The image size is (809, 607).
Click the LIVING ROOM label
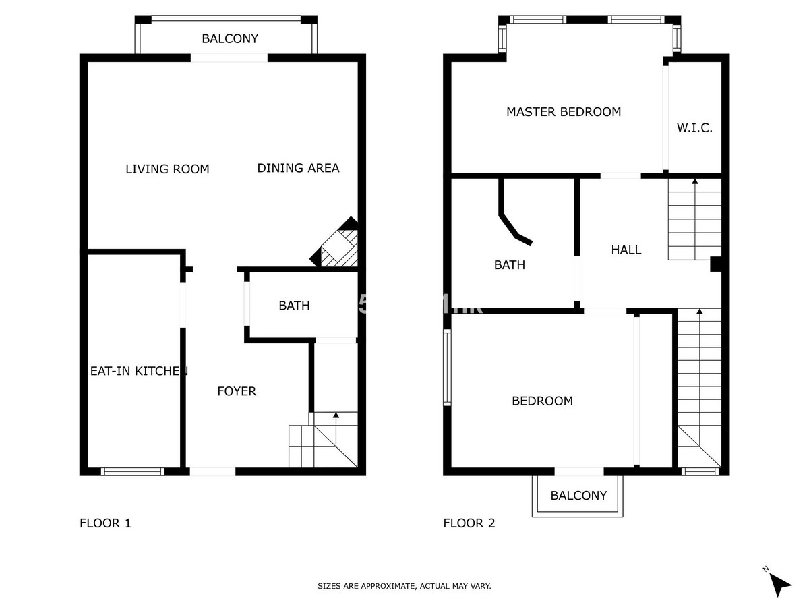pos(167,169)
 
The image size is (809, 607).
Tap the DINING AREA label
pos(298,168)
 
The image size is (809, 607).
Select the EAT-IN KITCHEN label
pos(138,371)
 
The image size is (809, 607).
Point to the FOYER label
pos(237,391)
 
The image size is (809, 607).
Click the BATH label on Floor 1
pos(295,306)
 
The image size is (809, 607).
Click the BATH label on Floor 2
pos(510,265)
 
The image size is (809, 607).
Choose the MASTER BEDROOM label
pos(564,112)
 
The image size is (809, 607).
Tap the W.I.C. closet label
pos(694,128)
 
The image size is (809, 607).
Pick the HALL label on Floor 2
pos(626,250)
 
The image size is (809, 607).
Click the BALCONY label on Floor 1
pos(230,39)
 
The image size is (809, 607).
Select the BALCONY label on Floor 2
pos(578,496)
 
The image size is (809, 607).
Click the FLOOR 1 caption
pos(105,523)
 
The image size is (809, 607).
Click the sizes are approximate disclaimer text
pos(404,586)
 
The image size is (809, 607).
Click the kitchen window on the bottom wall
pos(132,471)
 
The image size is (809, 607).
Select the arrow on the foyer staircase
pos(336,415)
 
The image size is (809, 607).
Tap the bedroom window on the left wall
pos(446,368)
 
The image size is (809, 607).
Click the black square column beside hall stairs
pos(717,264)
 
